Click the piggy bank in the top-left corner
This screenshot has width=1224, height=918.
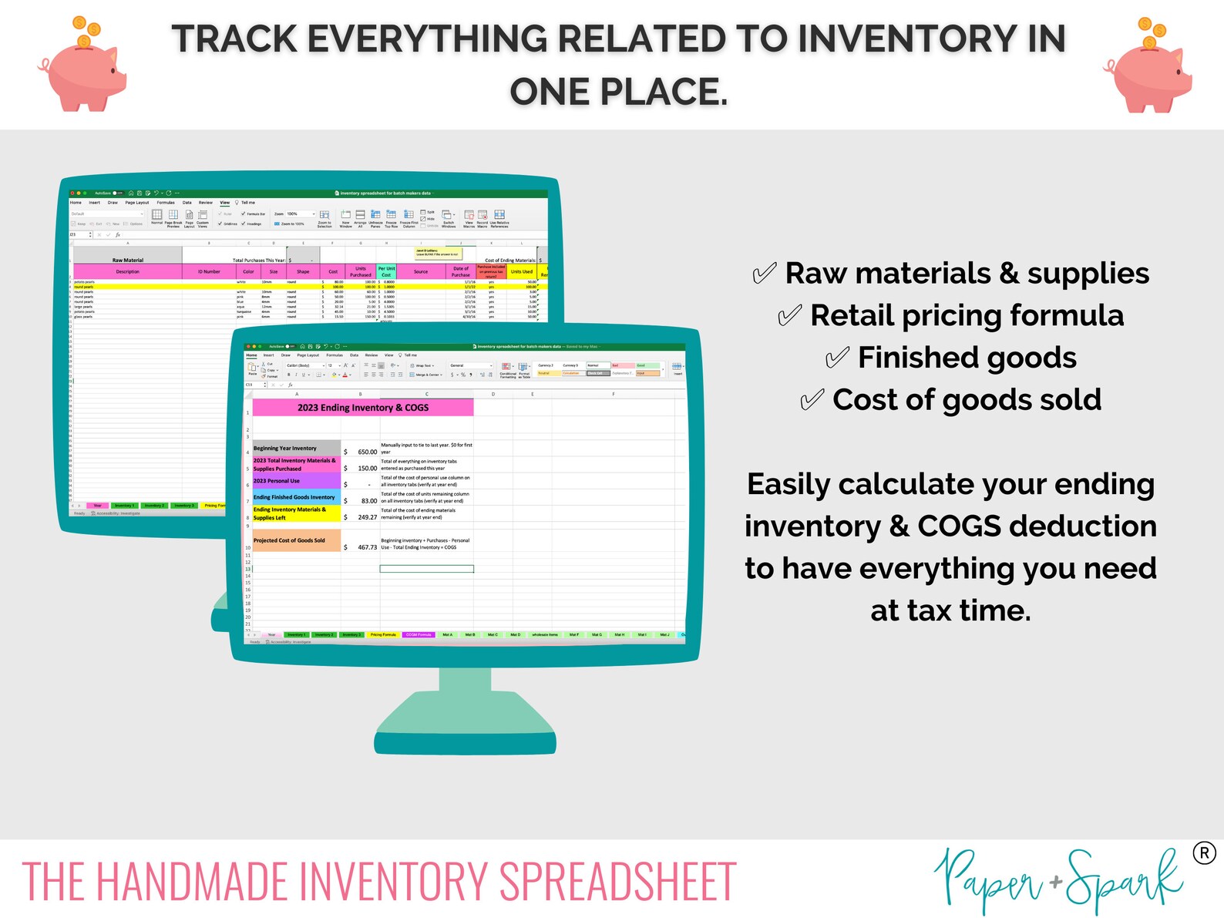pyautogui.click(x=83, y=68)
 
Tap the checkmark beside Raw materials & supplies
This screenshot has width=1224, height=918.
pyautogui.click(x=763, y=274)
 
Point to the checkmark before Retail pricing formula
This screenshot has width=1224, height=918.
pyautogui.click(x=789, y=316)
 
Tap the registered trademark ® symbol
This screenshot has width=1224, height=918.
pyautogui.click(x=1204, y=853)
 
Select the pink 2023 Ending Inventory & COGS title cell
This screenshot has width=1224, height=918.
pyautogui.click(x=362, y=408)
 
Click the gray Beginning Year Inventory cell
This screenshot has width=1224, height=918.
pyautogui.click(x=296, y=448)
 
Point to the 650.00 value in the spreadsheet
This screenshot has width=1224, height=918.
pyautogui.click(x=367, y=452)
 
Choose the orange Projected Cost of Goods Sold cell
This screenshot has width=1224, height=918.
pyautogui.click(x=296, y=540)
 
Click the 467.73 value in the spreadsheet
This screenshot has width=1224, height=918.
pyautogui.click(x=367, y=547)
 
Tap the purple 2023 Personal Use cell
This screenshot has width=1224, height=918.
pyautogui.click(x=296, y=481)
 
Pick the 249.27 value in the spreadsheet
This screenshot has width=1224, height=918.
pyautogui.click(x=367, y=518)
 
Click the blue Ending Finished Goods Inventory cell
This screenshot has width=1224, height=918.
pyautogui.click(x=296, y=497)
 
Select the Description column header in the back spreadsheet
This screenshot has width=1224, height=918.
pyautogui.click(x=128, y=272)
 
